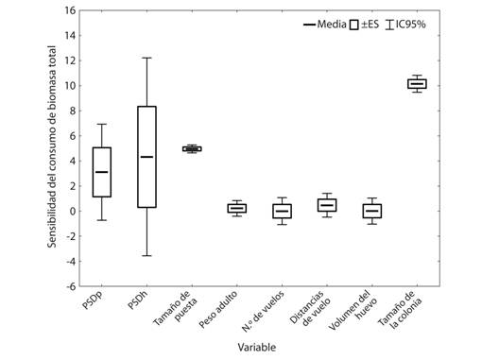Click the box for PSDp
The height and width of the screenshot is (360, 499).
[x=102, y=172]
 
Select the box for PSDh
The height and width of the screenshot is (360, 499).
[x=146, y=156]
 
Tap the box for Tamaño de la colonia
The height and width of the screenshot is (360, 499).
[x=417, y=84]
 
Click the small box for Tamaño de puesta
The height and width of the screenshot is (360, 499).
[x=192, y=148]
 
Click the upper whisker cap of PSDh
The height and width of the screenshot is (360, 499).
[x=146, y=58]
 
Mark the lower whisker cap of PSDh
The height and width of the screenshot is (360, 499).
[x=146, y=255]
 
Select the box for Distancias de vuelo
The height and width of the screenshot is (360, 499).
[x=327, y=205]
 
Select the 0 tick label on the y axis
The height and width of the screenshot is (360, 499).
[x=71, y=211]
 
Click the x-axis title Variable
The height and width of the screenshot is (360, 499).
[x=257, y=348]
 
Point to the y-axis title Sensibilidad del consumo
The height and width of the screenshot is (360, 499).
[x=52, y=149]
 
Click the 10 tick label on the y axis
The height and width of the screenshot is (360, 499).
[x=69, y=86]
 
